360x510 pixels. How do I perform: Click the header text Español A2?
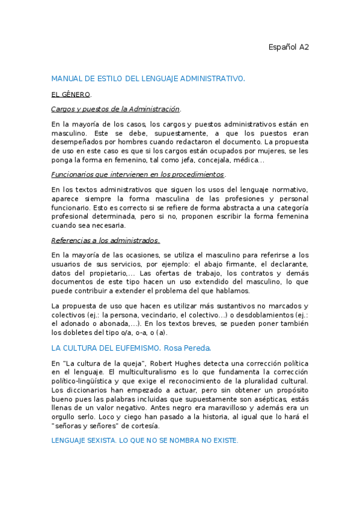click(x=288, y=47)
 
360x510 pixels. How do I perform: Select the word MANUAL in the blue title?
click(x=66, y=79)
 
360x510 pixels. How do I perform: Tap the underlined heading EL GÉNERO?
click(x=70, y=94)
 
